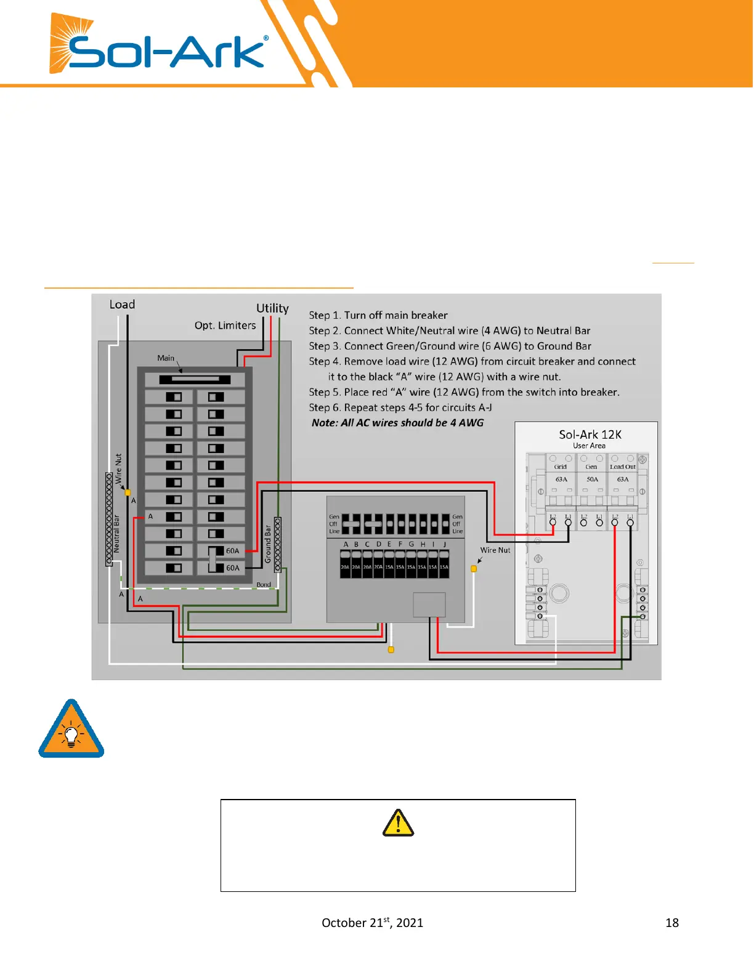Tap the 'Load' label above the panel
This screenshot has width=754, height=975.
(x=122, y=305)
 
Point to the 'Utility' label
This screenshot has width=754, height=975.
(x=272, y=308)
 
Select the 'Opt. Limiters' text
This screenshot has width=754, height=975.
(x=225, y=326)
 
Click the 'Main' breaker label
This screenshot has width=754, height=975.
(x=166, y=358)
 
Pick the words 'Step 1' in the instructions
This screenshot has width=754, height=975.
(x=324, y=315)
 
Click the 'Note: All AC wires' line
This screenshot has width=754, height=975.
(x=397, y=423)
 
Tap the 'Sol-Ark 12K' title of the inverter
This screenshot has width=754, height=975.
(x=590, y=435)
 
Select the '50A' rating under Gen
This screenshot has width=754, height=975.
(x=592, y=479)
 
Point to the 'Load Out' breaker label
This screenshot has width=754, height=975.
(x=623, y=467)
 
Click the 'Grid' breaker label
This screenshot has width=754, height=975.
(x=560, y=467)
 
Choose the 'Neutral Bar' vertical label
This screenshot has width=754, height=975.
(x=116, y=534)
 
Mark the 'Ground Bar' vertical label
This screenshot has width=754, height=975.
(x=268, y=544)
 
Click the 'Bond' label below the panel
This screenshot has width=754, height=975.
(x=264, y=585)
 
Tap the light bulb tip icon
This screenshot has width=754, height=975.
(x=71, y=730)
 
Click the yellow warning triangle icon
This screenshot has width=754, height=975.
(x=398, y=823)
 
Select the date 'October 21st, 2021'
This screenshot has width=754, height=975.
(x=372, y=922)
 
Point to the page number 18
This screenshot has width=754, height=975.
(x=672, y=923)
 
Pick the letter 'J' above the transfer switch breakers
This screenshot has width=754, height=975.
(x=444, y=544)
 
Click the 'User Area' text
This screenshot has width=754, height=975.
(x=589, y=446)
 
